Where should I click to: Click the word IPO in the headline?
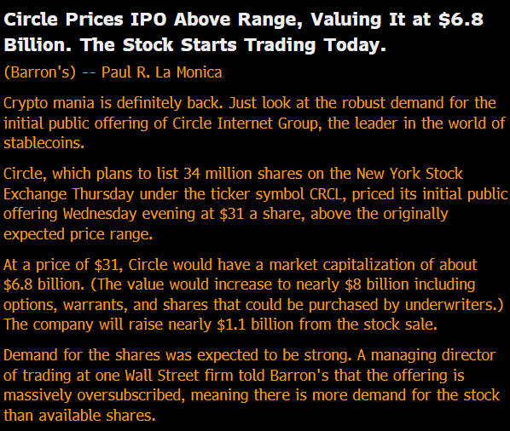point(148,20)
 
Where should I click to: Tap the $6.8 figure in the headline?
point(461,20)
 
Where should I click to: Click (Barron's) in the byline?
point(40,72)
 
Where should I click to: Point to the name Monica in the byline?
point(199,72)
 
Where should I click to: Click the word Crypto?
point(26,104)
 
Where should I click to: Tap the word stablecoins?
point(43,143)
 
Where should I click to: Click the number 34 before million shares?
point(192,174)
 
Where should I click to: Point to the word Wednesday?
point(100,214)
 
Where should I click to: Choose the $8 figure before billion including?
point(353,284)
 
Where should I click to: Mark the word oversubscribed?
point(130,395)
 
